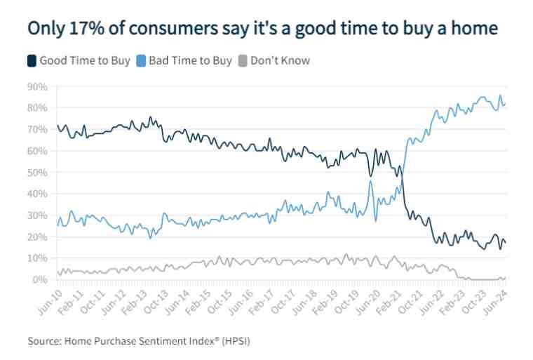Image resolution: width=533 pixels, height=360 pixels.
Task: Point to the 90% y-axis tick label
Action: click(x=37, y=86)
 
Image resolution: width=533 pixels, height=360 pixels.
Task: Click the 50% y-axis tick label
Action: click(x=37, y=172)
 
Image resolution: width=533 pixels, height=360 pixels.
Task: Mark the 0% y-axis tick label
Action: click(x=40, y=279)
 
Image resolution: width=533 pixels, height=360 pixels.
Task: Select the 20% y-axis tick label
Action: click(x=37, y=236)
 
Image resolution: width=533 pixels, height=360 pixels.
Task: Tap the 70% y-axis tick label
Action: click(x=37, y=129)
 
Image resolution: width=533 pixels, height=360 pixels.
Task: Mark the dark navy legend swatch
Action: click(x=32, y=60)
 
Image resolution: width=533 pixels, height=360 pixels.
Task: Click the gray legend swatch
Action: click(x=243, y=60)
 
